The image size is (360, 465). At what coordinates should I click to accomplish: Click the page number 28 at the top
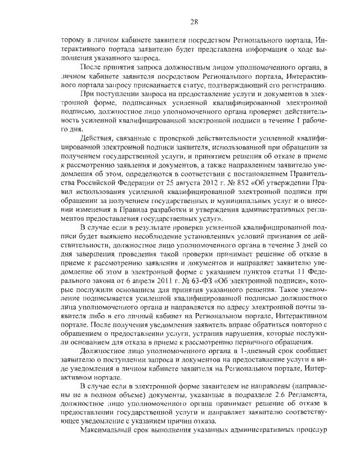pyautogui.click(x=193, y=22)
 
